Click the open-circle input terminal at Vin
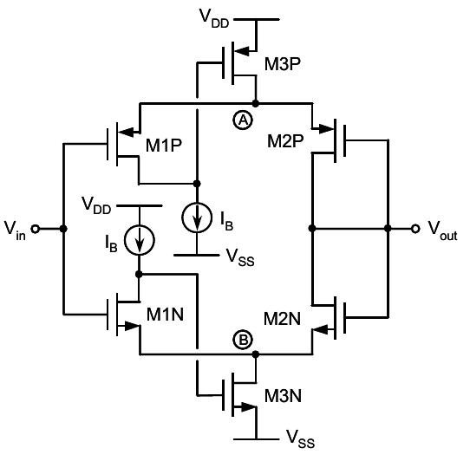(x=36, y=230)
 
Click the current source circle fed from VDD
(x=138, y=240)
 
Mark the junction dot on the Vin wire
(x=63, y=230)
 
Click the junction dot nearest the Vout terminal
(x=388, y=230)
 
